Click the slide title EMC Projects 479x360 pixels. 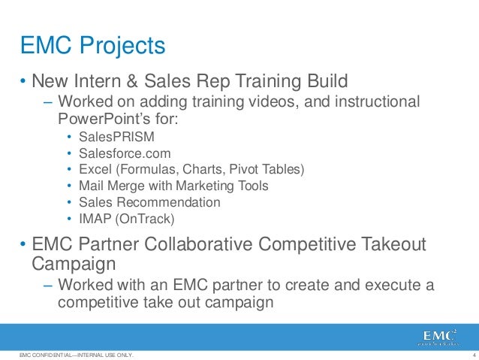click(x=92, y=46)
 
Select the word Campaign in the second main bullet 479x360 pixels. click(x=74, y=264)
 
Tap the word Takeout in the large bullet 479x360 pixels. click(x=390, y=246)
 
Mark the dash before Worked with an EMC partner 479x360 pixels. click(x=49, y=286)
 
